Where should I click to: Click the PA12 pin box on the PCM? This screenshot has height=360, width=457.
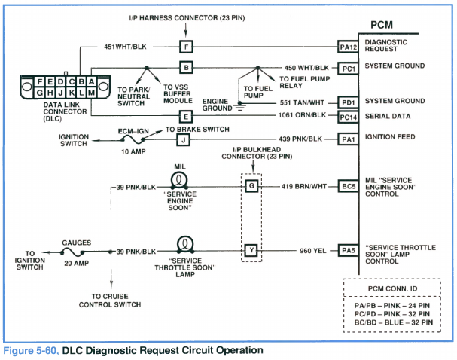coord(348,47)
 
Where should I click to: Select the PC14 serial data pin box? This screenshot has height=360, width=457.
coord(348,117)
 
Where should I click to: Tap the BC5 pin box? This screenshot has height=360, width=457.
coord(348,186)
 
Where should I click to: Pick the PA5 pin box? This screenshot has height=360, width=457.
coord(348,251)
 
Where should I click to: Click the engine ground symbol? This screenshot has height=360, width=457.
coord(239,107)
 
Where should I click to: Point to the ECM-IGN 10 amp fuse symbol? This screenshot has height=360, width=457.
coord(136,140)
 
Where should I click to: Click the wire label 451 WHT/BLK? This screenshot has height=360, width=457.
coord(125,47)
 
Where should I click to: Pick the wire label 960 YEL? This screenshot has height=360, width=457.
coord(313,251)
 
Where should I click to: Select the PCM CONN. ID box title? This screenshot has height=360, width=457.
coord(393,288)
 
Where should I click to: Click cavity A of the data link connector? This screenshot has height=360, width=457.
coord(90,81)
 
